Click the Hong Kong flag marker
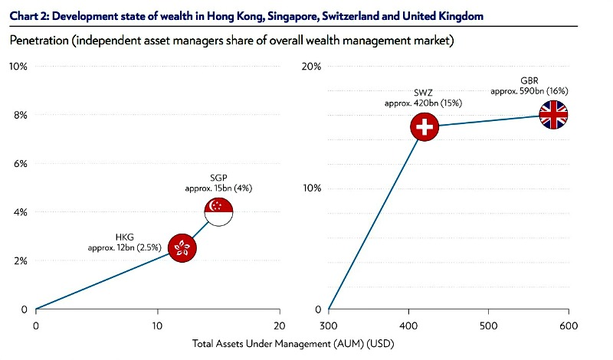click(182, 247)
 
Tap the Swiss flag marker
click(424, 127)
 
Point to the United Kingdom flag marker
click(553, 116)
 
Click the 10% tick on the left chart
click(18, 67)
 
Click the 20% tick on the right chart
click(311, 67)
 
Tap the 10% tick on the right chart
click(311, 188)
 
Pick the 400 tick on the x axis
click(408, 324)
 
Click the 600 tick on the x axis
click(568, 324)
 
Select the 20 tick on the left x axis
click(280, 324)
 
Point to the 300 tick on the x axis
click(328, 324)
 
